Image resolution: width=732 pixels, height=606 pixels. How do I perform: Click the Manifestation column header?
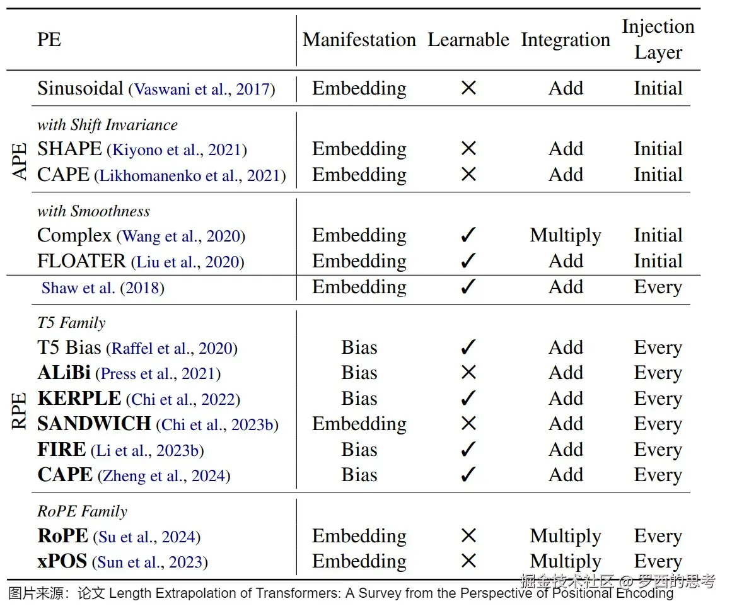coord(359,40)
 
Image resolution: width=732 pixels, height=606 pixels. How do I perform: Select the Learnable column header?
coord(468,40)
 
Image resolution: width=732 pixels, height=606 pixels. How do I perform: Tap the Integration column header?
coord(565,40)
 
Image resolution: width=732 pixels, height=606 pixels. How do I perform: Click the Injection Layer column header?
coord(658,39)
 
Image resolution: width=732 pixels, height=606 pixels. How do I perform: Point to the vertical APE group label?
coord(20,161)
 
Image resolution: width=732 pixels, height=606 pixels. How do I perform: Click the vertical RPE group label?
coord(20,411)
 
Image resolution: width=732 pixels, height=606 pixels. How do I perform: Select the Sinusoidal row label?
coord(80,88)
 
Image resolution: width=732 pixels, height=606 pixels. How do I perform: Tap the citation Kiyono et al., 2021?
coord(177,150)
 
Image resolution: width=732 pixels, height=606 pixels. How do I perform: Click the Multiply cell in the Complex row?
coord(565,236)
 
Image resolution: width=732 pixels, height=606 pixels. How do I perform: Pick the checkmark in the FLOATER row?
coord(468,261)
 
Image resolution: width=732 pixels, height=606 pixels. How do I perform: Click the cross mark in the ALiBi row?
coord(468,373)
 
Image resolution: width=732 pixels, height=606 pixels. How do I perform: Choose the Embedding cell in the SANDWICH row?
coord(359,424)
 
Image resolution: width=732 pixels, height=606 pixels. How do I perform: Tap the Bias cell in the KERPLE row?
coord(359,399)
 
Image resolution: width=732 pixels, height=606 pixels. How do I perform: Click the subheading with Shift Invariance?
coord(107,125)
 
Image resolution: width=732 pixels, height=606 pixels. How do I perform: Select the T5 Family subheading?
coord(71,323)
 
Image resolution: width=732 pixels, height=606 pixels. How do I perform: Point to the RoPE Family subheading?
coord(82,511)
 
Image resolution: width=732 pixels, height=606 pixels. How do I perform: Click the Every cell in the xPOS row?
coord(658,561)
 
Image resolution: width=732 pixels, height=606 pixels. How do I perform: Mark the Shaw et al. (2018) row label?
coord(103,288)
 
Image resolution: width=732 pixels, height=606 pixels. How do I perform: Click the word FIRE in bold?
coord(61,450)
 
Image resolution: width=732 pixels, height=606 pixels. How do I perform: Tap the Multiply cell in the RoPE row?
coord(565,536)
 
